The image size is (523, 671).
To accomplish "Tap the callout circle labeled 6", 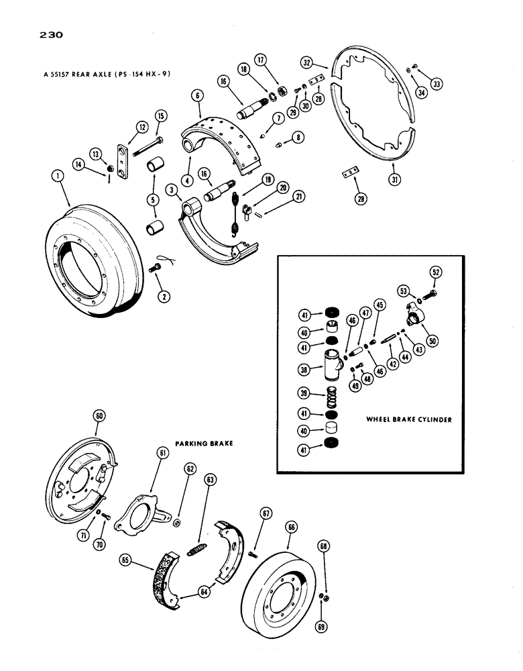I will [196, 95].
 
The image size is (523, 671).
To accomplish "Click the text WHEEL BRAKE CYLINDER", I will [409, 419].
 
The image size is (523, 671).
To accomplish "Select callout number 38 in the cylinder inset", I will [305, 368].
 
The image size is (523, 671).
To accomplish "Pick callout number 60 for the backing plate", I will [99, 416].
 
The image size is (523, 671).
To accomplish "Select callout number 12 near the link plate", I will [142, 127].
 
